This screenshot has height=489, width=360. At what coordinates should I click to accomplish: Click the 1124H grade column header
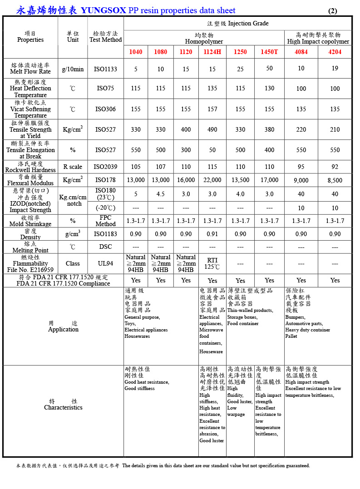pos(212,52)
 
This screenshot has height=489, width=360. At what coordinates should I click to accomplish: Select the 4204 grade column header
pos(335,52)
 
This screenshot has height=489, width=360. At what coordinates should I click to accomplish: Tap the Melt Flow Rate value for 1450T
pos(269,68)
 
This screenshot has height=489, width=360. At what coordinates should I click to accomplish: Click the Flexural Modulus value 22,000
pos(212,180)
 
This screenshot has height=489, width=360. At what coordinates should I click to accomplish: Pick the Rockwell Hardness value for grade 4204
pos(335,167)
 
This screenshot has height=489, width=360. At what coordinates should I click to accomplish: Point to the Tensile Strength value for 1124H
pos(212,129)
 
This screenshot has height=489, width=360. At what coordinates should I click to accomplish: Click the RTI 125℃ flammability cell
pos(212,263)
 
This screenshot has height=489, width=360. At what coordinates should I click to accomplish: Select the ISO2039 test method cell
pos(105,167)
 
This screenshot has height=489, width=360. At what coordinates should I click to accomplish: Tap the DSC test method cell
pos(105,247)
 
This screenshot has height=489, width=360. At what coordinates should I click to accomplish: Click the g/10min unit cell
pos(73,69)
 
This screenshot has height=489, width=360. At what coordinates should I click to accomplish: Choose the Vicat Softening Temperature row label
pos(30,109)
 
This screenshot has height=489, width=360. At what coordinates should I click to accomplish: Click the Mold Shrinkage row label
pos(30,221)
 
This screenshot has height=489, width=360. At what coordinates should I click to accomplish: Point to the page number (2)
pos(332,11)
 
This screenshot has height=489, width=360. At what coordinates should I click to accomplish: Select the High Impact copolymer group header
pos(318,38)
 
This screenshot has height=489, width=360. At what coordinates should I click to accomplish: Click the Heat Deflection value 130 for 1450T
pos(269,89)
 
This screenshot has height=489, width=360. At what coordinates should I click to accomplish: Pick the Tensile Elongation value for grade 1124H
pos(212,150)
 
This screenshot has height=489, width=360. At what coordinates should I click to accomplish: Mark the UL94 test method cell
pos(105,263)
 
